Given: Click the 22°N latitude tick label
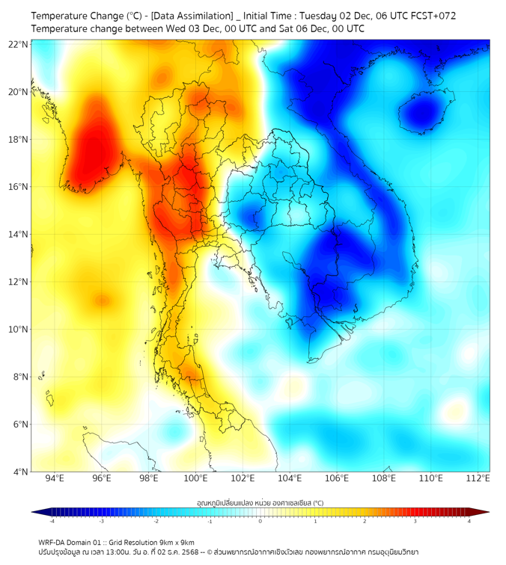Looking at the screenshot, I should pos(19,44).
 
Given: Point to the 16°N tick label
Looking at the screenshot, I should pos(19,187).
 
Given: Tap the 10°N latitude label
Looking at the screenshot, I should pos(19,330).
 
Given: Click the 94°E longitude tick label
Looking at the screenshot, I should pos(55,479).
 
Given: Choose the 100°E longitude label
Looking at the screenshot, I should pos(196,479).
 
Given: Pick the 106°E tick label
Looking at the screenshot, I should pos(337,479).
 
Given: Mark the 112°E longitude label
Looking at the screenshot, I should pos(478,479).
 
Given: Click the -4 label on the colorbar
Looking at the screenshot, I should pos(52,521).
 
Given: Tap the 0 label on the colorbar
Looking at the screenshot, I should pos(260,521).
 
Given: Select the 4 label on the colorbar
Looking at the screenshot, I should pos(469,521).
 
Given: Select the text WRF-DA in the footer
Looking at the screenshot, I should pos(53,543).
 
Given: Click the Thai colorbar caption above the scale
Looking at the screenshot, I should pos(260,502).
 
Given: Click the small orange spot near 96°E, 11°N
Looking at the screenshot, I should pos(100,300).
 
